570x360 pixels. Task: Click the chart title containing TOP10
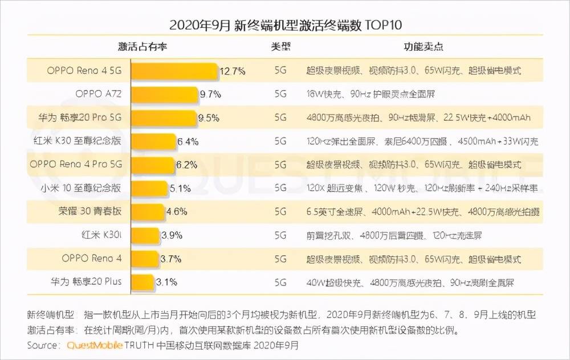coord(286,24)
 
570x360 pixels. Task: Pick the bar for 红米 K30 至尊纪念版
coord(154,141)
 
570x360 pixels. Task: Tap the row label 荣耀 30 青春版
coord(90,211)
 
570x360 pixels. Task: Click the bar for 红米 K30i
coord(145,235)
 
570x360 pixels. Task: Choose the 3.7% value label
coord(171,258)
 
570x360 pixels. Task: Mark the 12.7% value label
coord(233,71)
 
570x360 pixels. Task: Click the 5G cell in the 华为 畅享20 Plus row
coord(280,281)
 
